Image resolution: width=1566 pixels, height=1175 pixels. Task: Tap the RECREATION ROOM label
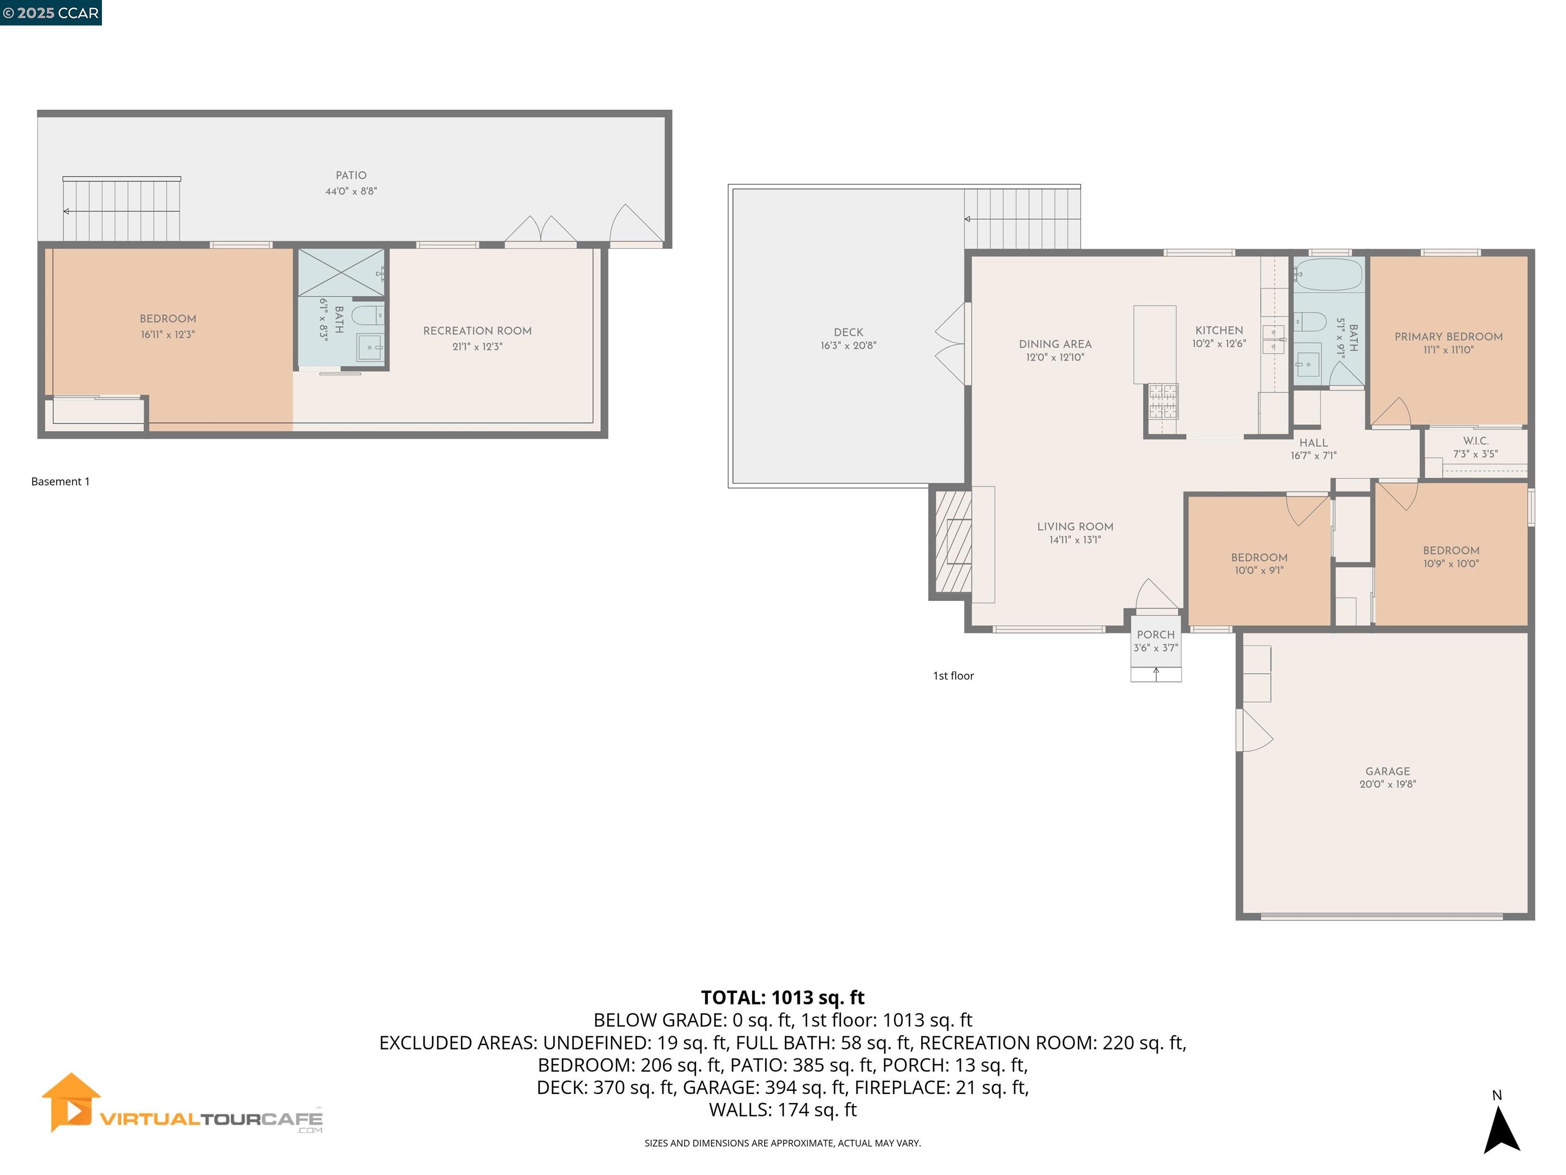click(x=477, y=331)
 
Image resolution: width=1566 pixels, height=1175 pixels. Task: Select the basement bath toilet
click(x=368, y=316)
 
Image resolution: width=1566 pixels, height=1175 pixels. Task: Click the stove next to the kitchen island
click(x=1162, y=401)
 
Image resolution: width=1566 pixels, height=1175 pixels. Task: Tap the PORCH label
click(x=1156, y=634)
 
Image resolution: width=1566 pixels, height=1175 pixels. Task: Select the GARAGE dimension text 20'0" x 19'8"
click(x=1387, y=784)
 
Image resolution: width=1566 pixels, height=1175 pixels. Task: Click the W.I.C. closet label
click(x=1475, y=441)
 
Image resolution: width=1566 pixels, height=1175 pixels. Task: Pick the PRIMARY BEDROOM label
click(x=1448, y=337)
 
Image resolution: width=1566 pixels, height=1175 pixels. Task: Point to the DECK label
click(x=848, y=332)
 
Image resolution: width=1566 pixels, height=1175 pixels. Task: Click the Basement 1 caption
click(x=60, y=481)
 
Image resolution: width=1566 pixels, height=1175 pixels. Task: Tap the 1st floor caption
click(x=953, y=676)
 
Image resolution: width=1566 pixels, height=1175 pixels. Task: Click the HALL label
click(x=1313, y=443)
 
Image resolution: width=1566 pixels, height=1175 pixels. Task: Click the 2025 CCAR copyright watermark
click(x=51, y=13)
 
